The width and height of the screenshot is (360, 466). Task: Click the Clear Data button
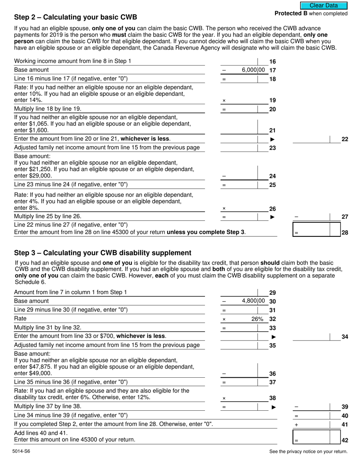324,5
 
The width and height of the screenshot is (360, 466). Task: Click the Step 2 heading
75,17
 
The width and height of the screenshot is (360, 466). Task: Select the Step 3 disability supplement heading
103,253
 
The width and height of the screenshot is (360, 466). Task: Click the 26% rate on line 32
257,319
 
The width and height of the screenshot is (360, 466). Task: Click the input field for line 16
243,61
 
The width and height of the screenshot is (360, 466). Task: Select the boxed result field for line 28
317,230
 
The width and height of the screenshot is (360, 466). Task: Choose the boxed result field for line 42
317,437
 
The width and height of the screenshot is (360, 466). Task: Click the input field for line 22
317,139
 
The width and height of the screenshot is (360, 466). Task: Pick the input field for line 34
317,337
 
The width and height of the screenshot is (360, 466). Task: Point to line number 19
272,100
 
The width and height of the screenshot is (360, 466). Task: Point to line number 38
272,398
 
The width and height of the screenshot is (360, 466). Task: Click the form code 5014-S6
21,451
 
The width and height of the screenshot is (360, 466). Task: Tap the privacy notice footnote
308,451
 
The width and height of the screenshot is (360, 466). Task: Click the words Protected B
291,14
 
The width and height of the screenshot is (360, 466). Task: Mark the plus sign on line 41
296,425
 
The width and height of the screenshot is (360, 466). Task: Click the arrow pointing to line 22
272,139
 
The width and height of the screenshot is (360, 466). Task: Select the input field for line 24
243,172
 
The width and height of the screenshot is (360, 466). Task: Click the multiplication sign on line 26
224,209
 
